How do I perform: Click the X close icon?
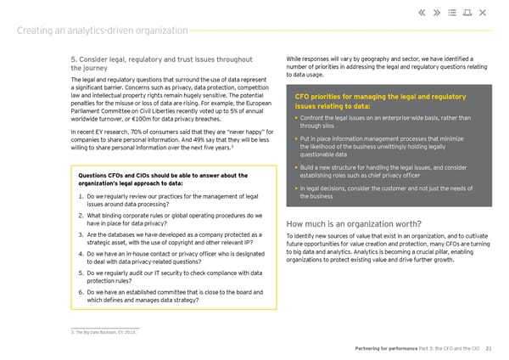[483, 13]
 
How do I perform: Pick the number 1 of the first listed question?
[79, 197]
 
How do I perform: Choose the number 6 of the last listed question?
[79, 291]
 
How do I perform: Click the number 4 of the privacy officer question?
[79, 253]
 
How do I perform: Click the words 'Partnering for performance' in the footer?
[383, 349]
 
